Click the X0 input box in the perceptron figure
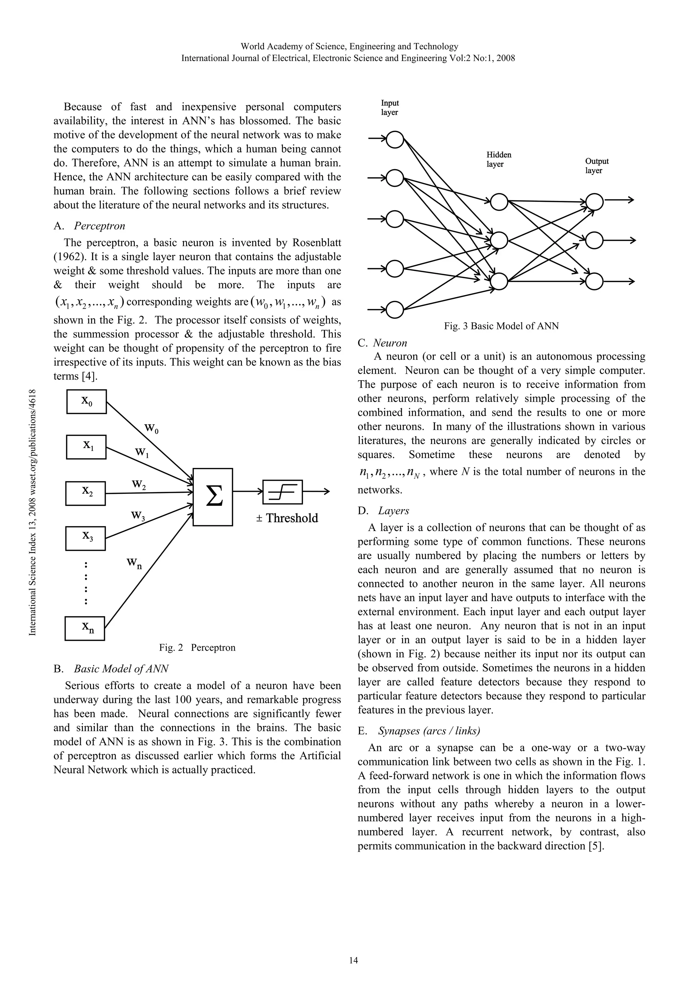click(87, 401)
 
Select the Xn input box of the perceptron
click(85, 628)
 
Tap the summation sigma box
click(213, 497)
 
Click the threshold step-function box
click(283, 491)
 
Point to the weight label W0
click(151, 428)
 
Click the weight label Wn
click(134, 563)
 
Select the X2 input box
click(86, 493)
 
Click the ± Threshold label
click(287, 518)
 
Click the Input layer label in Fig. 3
click(390, 107)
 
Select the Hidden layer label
click(499, 159)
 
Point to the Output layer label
click(597, 166)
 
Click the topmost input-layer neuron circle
click(395, 139)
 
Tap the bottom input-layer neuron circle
click(395, 309)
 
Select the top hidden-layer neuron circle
click(499, 202)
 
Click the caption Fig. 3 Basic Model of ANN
click(501, 326)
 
